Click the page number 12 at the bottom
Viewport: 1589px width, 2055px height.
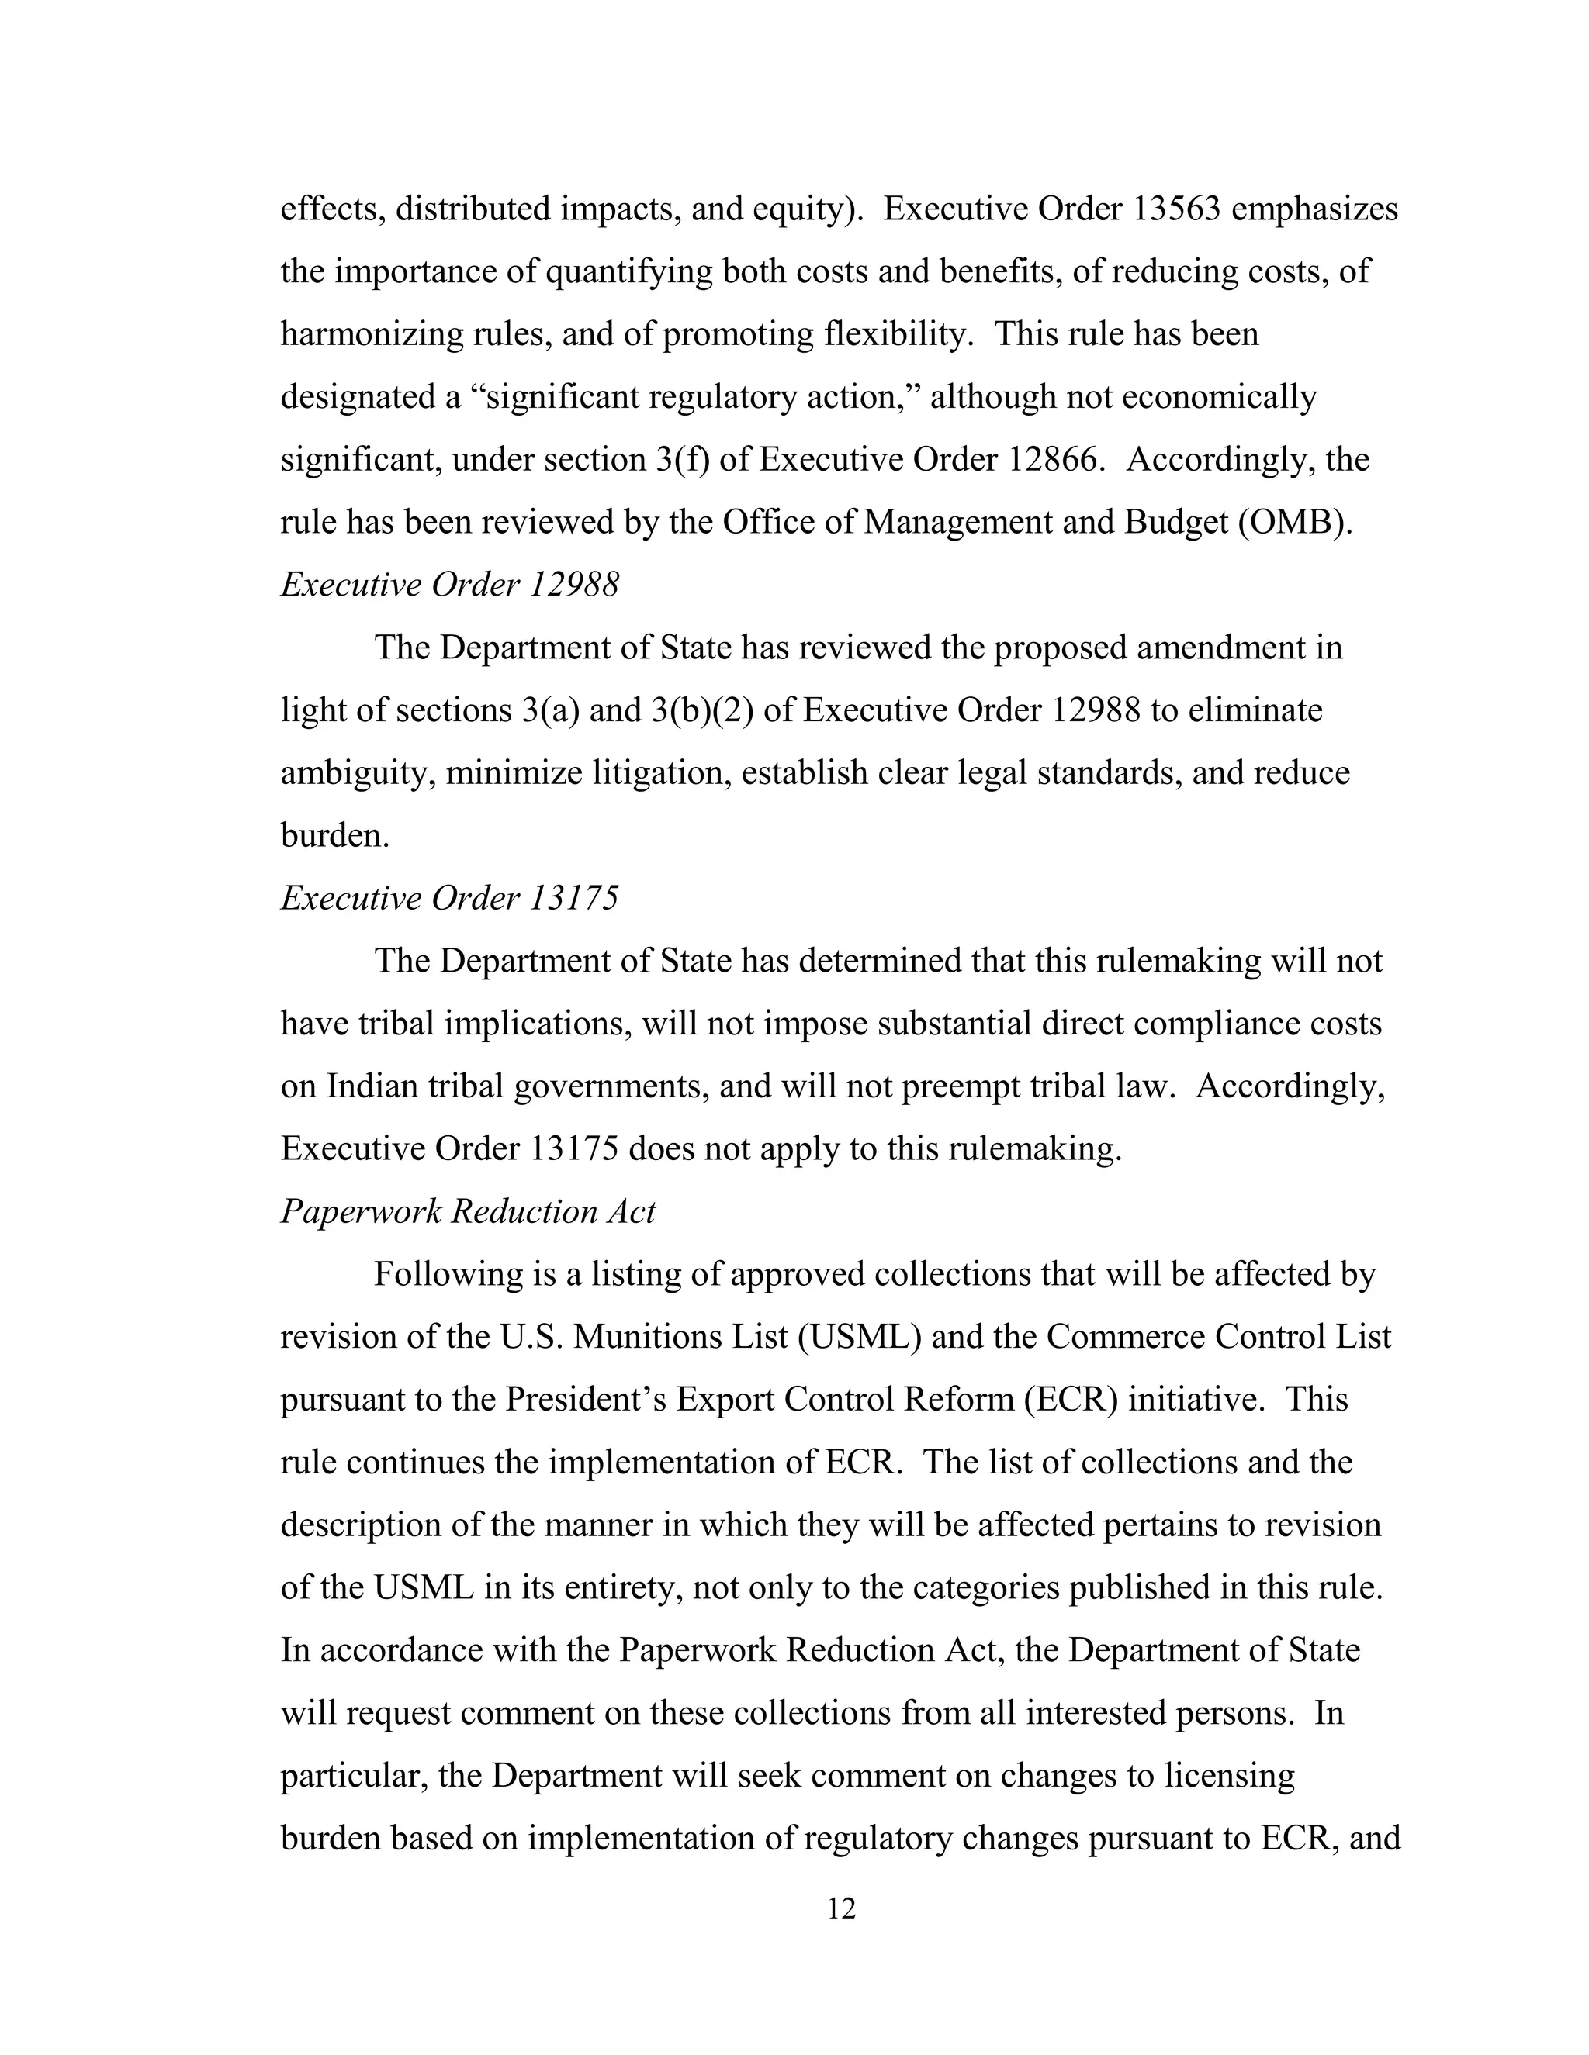(840, 1909)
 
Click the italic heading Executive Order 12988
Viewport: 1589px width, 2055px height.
(450, 585)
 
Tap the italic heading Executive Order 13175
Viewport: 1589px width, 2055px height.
(450, 899)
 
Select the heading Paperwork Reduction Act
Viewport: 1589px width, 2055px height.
(468, 1212)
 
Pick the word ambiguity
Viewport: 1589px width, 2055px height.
(358, 773)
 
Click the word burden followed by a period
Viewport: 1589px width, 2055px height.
(334, 835)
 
